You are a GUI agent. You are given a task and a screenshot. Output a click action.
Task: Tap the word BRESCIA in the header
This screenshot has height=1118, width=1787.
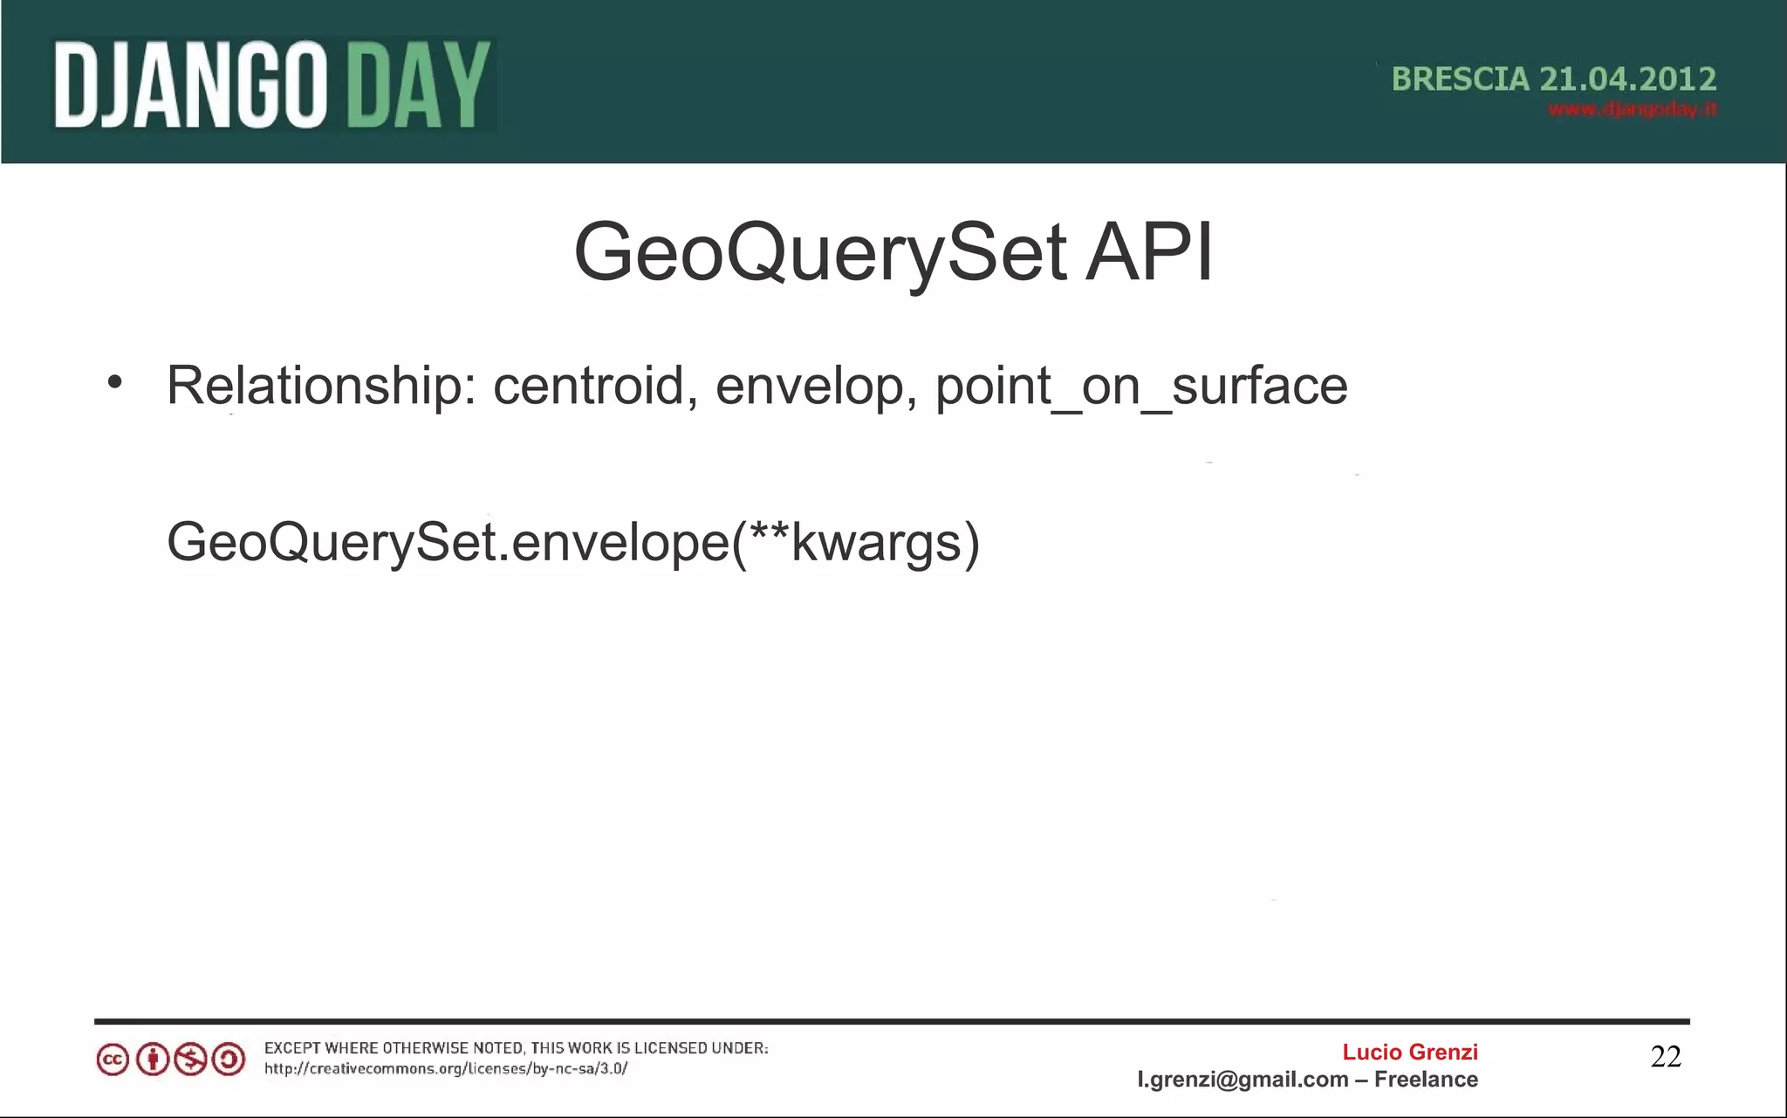(1460, 79)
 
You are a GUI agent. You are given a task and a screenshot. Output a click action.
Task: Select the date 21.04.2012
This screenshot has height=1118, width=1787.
(1627, 79)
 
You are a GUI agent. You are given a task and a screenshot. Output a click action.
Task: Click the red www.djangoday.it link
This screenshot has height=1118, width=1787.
(1632, 109)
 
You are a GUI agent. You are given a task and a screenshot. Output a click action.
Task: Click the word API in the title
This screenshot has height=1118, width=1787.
(1148, 253)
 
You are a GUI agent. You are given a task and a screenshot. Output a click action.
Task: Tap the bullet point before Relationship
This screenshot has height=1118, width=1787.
(114, 383)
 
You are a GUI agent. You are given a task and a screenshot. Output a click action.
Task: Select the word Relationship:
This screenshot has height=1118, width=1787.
(321, 386)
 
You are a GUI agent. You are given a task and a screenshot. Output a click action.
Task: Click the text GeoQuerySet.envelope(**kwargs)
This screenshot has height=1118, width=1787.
(573, 543)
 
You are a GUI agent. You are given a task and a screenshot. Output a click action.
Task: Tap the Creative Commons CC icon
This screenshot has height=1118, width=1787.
(113, 1060)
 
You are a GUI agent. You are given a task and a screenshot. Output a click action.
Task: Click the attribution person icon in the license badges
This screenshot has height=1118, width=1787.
(152, 1060)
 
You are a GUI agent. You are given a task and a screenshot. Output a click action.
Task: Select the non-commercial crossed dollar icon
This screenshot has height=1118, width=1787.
(190, 1060)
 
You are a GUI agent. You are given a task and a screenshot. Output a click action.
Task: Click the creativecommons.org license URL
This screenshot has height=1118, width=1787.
(446, 1069)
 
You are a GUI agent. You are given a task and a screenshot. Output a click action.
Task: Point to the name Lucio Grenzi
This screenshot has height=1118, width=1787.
(1409, 1053)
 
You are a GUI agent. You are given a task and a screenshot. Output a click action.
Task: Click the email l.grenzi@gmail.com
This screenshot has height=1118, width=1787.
(1243, 1080)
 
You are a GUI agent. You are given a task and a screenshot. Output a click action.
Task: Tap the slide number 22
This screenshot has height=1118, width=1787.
(1665, 1057)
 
